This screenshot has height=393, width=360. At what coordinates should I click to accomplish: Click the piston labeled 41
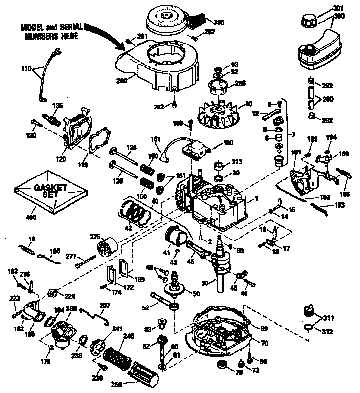[x=174, y=239]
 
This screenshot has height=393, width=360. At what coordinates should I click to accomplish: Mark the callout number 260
[x=121, y=80]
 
